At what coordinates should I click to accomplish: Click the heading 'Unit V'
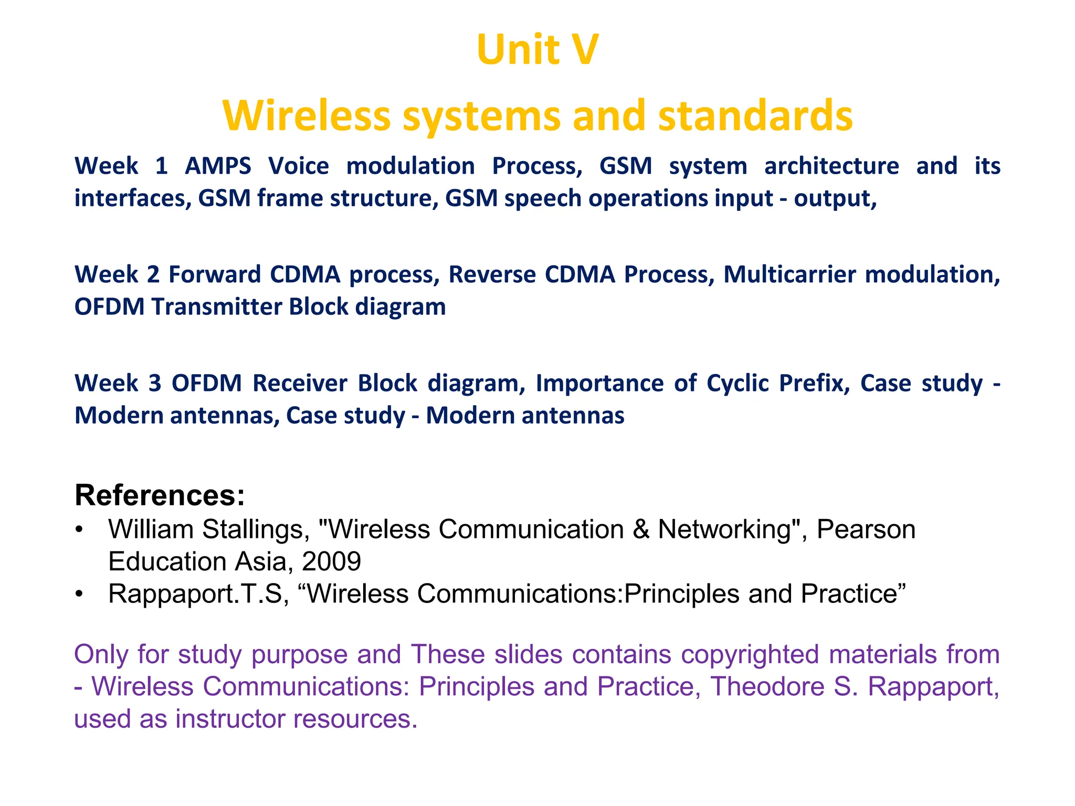point(537,50)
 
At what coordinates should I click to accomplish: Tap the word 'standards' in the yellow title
point(755,116)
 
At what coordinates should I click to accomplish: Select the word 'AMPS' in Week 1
point(218,166)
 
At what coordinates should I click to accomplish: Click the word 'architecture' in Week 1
point(831,166)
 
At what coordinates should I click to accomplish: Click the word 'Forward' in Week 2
point(214,275)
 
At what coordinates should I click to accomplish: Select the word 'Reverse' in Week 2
point(491,275)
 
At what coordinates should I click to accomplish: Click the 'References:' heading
point(160,495)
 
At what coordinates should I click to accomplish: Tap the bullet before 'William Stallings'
point(79,529)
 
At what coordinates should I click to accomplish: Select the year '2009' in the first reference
point(331,561)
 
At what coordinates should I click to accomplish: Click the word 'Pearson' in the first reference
point(866,529)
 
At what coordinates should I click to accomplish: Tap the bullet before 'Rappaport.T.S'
point(79,594)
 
